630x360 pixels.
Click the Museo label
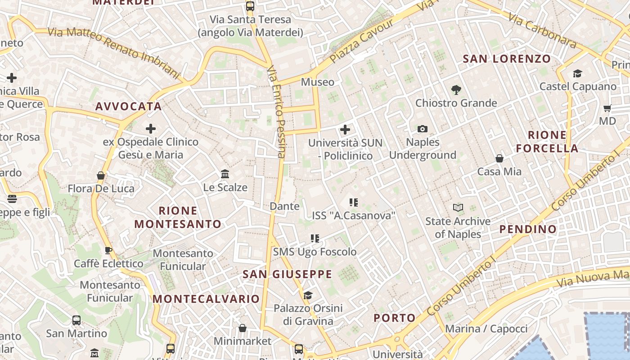pyautogui.click(x=318, y=82)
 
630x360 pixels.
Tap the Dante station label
pyautogui.click(x=284, y=206)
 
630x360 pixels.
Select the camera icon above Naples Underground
pyautogui.click(x=422, y=129)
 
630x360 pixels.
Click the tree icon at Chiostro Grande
pyautogui.click(x=456, y=90)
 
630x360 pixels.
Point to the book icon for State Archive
pyautogui.click(x=458, y=208)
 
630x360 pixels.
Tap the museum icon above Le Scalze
pyautogui.click(x=225, y=174)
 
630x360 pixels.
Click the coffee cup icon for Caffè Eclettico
pyautogui.click(x=108, y=250)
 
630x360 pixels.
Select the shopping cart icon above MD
pyautogui.click(x=607, y=108)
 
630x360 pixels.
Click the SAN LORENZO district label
pyautogui.click(x=507, y=58)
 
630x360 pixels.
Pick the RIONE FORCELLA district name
pyautogui.click(x=547, y=141)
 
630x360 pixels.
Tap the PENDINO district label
pyautogui.click(x=528, y=229)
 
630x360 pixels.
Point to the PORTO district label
pyautogui.click(x=395, y=318)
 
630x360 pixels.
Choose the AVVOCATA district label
pyautogui.click(x=128, y=106)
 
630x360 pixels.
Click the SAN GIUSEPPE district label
pyautogui.click(x=287, y=274)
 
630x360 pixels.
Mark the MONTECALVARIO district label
pyautogui.click(x=206, y=299)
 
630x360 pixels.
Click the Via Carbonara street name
pyautogui.click(x=543, y=31)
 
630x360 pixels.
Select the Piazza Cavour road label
pyautogui.click(x=361, y=41)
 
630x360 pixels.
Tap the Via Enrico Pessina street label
pyautogui.click(x=276, y=112)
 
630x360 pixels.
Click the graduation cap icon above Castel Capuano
pyautogui.click(x=577, y=73)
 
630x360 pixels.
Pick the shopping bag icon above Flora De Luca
pyautogui.click(x=101, y=175)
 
